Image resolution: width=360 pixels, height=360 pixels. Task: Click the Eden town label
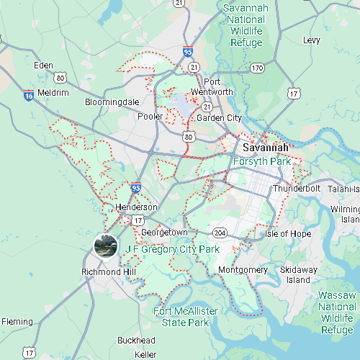pyautogui.click(x=43, y=66)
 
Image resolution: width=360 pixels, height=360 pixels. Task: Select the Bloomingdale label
pyautogui.click(x=112, y=102)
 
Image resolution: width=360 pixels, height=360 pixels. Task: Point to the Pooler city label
pyautogui.click(x=150, y=117)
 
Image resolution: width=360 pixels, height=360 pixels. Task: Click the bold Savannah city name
pyautogui.click(x=266, y=148)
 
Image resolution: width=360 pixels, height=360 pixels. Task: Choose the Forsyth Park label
pyautogui.click(x=261, y=161)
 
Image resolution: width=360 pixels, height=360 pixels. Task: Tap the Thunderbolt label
pyautogui.click(x=295, y=189)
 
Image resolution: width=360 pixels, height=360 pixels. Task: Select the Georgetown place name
pyautogui.click(x=164, y=233)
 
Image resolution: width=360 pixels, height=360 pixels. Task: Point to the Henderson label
pyautogui.click(x=136, y=207)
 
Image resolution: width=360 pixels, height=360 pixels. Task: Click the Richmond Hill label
pyautogui.click(x=109, y=272)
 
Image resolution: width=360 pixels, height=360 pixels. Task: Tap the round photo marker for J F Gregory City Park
pyautogui.click(x=107, y=246)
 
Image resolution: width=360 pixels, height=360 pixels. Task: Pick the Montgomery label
pyautogui.click(x=243, y=270)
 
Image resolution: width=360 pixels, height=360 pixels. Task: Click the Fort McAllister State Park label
pyautogui.click(x=186, y=316)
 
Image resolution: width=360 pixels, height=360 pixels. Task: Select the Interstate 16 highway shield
pyautogui.click(x=28, y=94)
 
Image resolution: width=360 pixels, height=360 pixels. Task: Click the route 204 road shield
pyautogui.click(x=220, y=233)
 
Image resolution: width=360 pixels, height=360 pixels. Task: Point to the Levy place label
pyautogui.click(x=311, y=40)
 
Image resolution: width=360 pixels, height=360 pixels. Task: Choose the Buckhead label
pyautogui.click(x=136, y=340)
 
